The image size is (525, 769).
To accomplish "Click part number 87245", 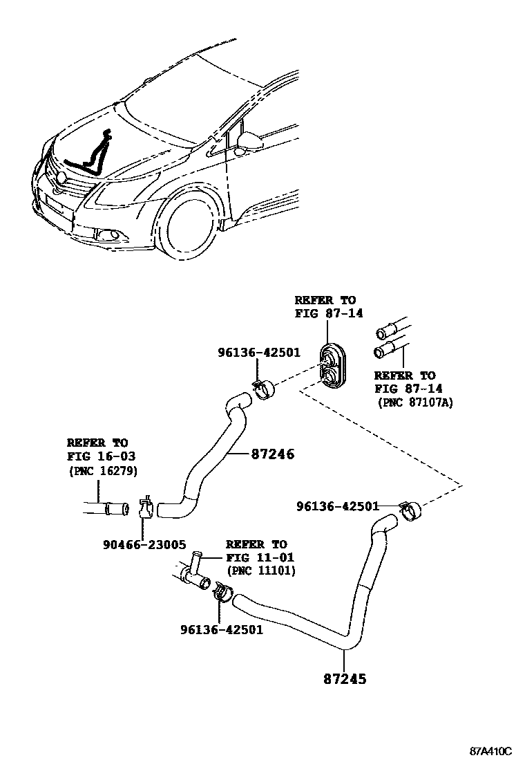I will click(343, 678).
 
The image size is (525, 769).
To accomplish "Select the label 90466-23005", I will click(142, 545).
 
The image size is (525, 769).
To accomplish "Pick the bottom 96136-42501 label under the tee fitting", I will click(221, 629).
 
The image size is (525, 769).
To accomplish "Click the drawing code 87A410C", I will click(491, 751).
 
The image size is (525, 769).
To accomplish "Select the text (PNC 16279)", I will click(102, 471).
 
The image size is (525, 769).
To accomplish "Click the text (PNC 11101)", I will click(260, 571).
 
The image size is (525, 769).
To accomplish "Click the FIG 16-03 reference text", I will click(101, 456).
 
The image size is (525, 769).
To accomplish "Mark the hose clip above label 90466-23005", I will click(146, 509).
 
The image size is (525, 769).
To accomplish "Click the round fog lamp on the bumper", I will click(109, 237).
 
